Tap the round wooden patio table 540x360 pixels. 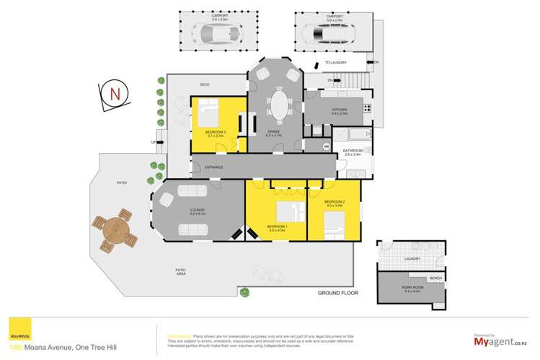coord(118,232)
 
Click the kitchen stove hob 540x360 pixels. coord(366,109)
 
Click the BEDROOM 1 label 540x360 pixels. coord(277,227)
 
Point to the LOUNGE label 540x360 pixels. coord(198,210)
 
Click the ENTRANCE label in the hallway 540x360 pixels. coord(213,167)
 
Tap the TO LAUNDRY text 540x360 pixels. coord(336,63)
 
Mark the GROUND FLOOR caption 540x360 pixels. coord(338,294)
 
